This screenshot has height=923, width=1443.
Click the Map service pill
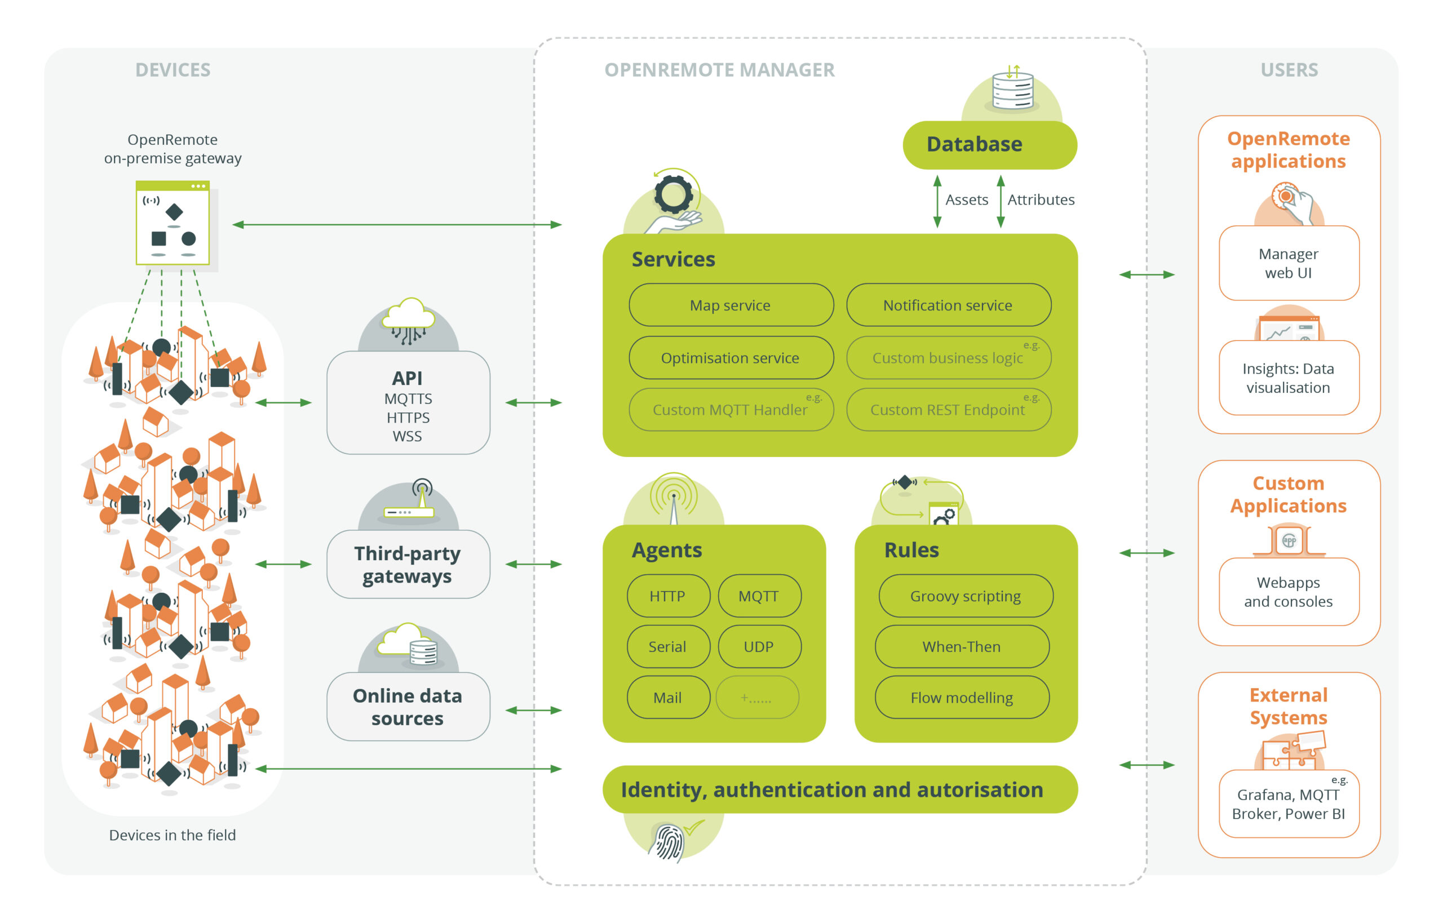[x=731, y=305]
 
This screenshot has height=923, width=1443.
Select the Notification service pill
[x=948, y=305]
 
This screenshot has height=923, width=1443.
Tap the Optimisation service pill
[x=731, y=358]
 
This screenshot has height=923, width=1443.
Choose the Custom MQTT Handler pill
[x=731, y=410]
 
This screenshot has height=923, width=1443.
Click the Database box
[x=989, y=144]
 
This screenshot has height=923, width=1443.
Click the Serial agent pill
[x=668, y=647]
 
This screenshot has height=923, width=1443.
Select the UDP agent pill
[x=759, y=647]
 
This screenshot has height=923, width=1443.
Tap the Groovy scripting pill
[x=965, y=596]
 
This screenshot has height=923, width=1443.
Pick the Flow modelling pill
[x=962, y=698]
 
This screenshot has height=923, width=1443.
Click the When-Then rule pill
[x=962, y=647]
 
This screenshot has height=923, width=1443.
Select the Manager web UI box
[x=1289, y=263]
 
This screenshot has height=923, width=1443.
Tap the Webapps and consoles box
[x=1289, y=592]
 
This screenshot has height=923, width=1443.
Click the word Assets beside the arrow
[x=966, y=199]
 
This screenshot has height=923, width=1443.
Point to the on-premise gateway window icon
[x=172, y=223]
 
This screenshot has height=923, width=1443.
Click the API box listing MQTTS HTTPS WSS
[x=408, y=403]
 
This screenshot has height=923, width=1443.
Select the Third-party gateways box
[x=408, y=564]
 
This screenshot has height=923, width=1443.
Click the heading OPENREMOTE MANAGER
[x=719, y=70]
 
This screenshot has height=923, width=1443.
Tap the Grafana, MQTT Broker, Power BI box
[x=1289, y=804]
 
